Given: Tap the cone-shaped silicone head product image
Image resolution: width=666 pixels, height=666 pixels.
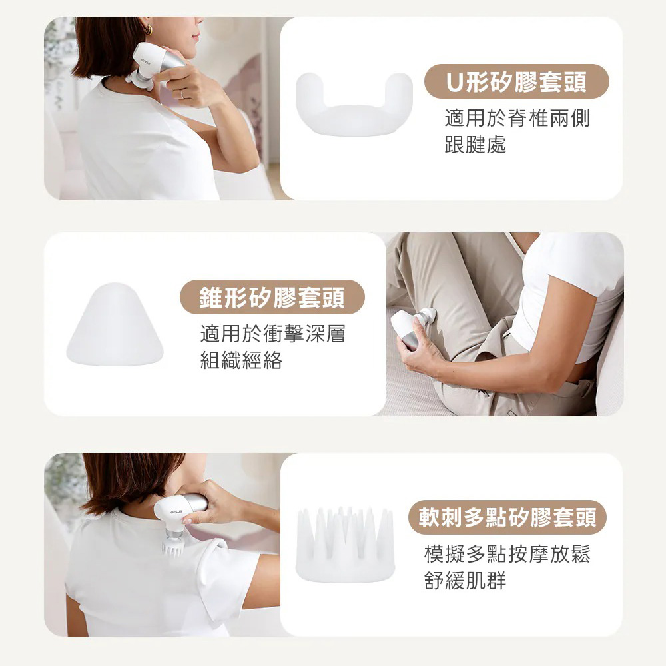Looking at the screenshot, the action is (x=115, y=324).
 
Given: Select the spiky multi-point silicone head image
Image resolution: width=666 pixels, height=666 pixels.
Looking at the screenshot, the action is (x=345, y=545).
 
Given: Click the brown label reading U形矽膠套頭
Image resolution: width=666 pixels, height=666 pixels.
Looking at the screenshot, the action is (x=517, y=81).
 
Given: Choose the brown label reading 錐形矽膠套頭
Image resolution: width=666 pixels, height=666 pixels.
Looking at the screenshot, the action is (x=272, y=297).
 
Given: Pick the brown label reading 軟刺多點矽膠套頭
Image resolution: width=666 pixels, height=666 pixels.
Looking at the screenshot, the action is (x=507, y=517).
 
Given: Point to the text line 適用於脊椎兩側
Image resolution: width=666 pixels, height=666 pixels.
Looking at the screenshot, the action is (x=517, y=118).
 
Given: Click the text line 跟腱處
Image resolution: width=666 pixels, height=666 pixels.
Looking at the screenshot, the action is (x=476, y=144).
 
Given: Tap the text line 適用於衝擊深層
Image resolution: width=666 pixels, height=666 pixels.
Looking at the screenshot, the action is (x=272, y=334).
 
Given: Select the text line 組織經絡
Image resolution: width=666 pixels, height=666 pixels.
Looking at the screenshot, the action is (x=241, y=360).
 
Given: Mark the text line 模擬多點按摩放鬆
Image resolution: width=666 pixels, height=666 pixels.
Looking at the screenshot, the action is (x=507, y=554).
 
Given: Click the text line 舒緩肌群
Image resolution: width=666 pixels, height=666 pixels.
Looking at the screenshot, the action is (x=465, y=580).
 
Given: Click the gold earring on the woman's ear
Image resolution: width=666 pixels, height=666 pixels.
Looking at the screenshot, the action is (x=149, y=30).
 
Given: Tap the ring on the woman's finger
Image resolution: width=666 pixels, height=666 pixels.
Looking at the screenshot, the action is (x=182, y=94).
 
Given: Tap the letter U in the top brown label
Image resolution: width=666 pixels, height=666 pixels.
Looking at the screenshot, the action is (x=454, y=82).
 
